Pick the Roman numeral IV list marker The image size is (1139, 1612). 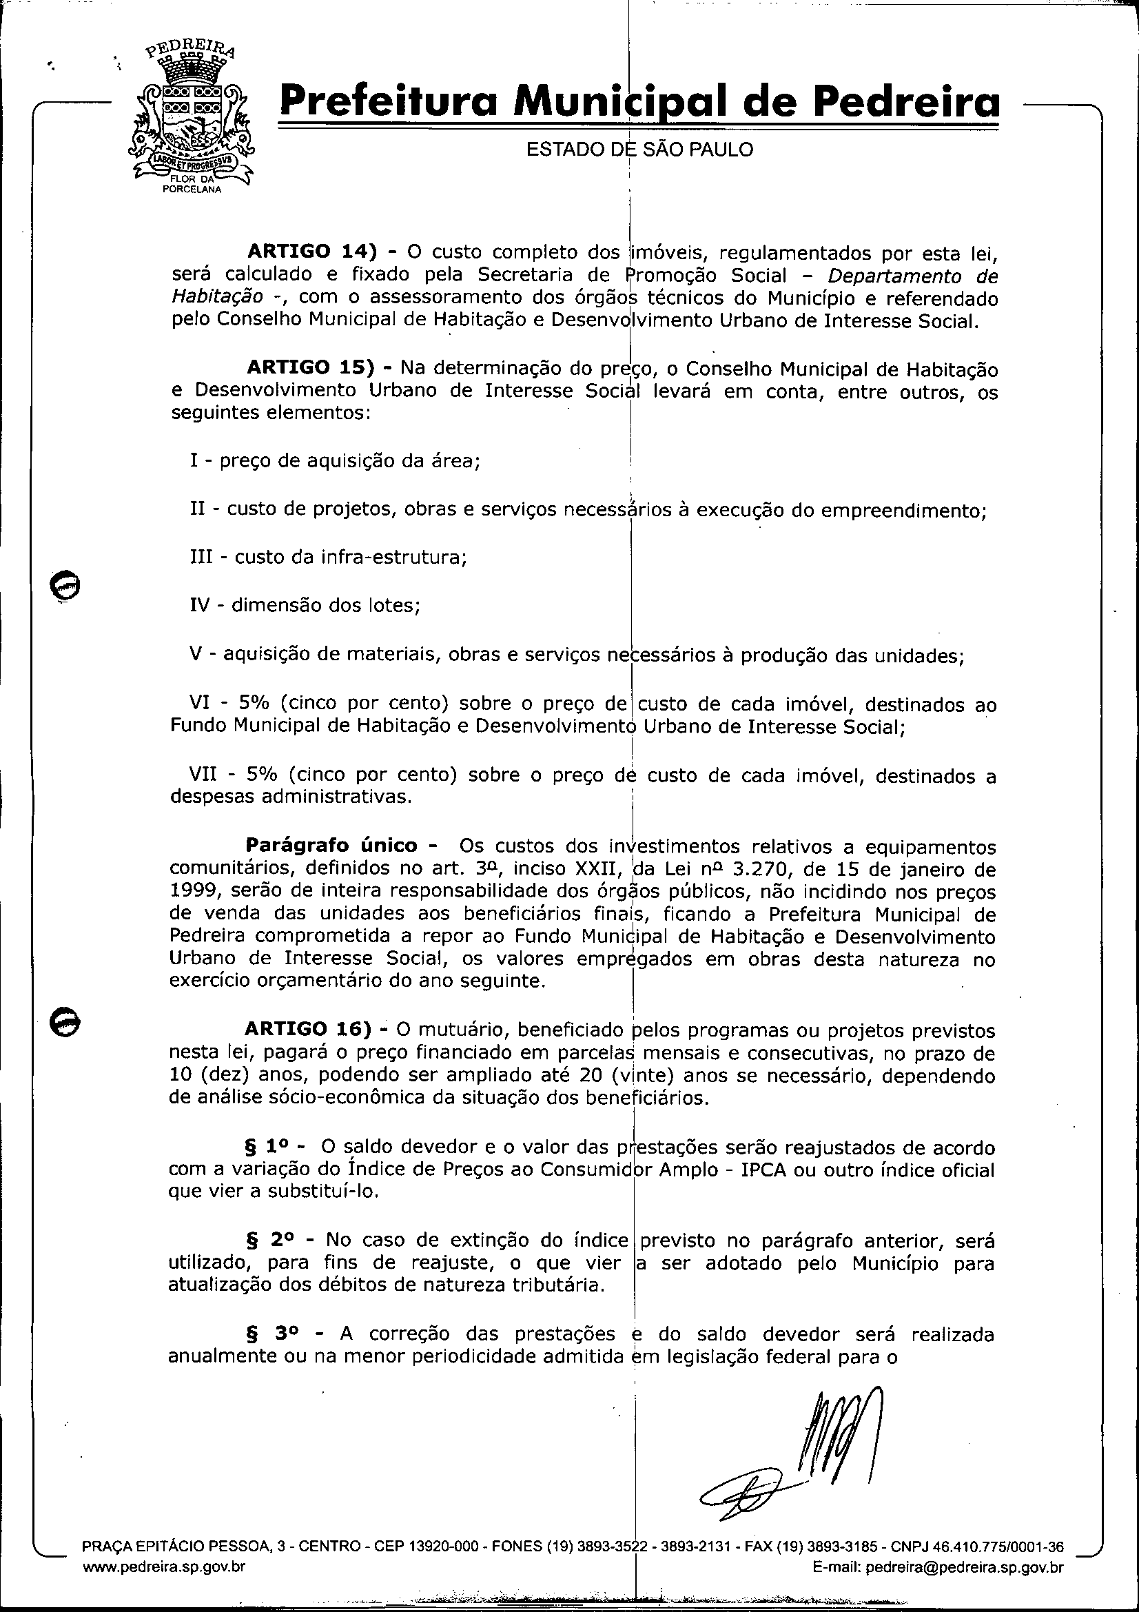(200, 605)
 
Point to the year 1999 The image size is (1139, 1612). (193, 892)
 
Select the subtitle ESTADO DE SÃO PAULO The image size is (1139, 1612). (639, 150)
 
